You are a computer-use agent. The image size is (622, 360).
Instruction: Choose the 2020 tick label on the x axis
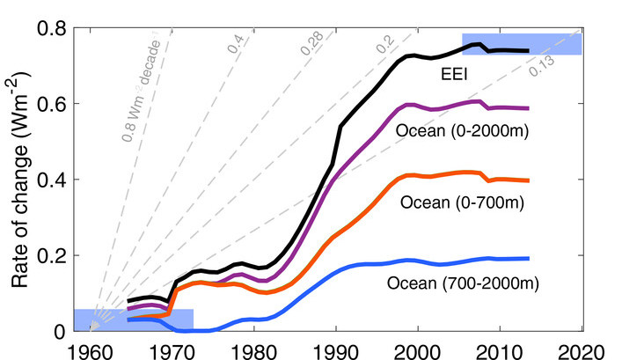[583, 349]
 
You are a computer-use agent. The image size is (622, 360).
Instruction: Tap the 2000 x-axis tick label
[418, 349]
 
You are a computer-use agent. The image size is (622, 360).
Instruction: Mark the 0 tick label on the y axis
[58, 331]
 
